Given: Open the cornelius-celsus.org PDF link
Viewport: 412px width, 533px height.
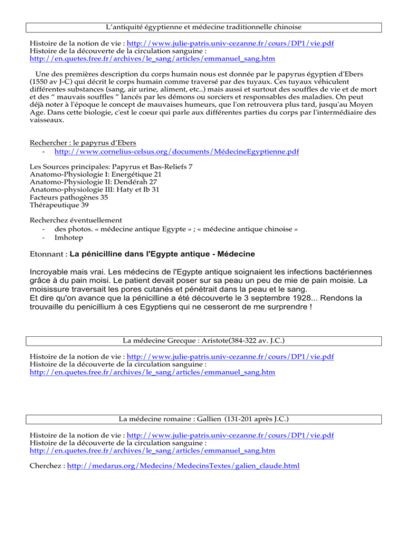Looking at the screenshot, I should click(176, 152).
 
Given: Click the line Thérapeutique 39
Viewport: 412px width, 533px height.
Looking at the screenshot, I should click(60, 205).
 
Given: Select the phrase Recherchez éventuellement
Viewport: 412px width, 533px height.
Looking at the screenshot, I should click(75, 220).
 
